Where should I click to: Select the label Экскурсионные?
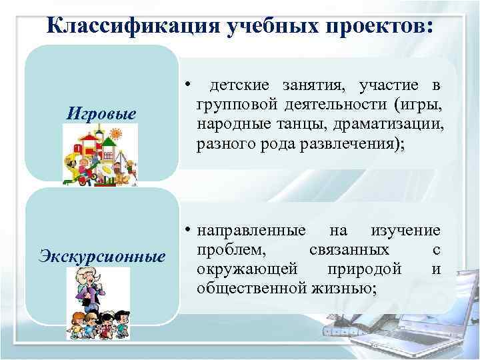coord(102,255)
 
